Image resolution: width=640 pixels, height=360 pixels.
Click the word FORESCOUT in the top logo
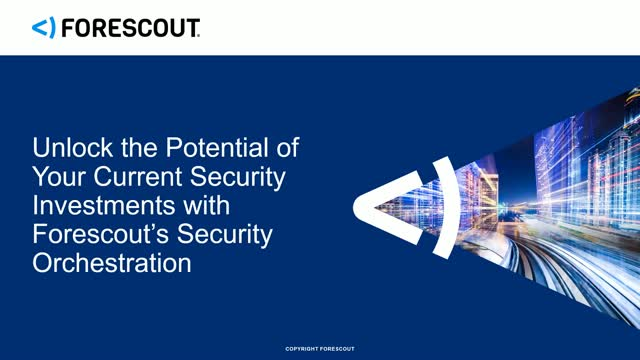click(x=130, y=28)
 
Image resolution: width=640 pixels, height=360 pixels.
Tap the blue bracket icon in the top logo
click(x=43, y=28)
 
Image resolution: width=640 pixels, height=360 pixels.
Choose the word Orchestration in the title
click(x=111, y=265)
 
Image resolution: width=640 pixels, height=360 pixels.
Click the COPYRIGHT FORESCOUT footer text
click(x=320, y=349)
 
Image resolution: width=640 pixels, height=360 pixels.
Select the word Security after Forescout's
click(x=231, y=237)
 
